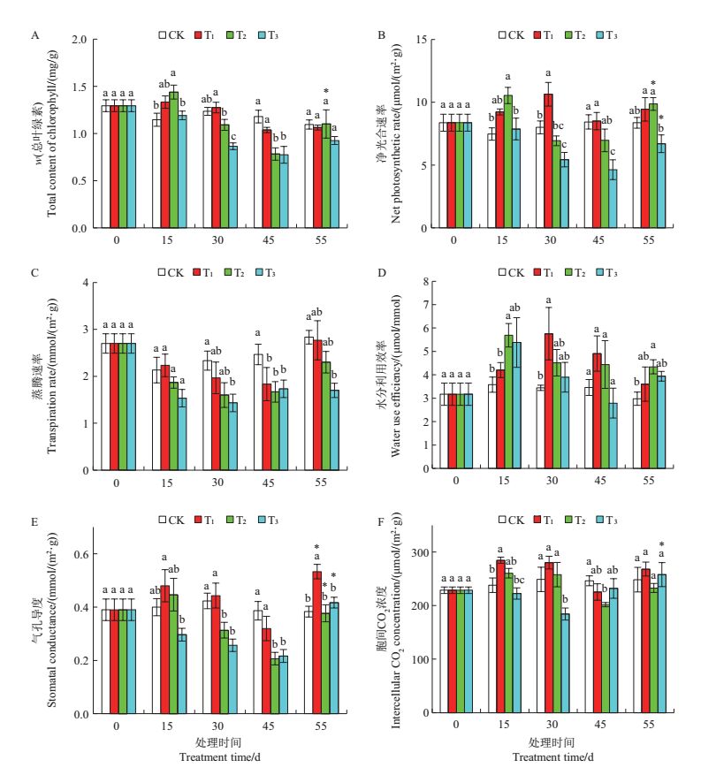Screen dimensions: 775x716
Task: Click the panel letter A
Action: pyautogui.click(x=34, y=35)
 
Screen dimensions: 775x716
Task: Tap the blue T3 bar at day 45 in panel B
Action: pyautogui.click(x=612, y=199)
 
